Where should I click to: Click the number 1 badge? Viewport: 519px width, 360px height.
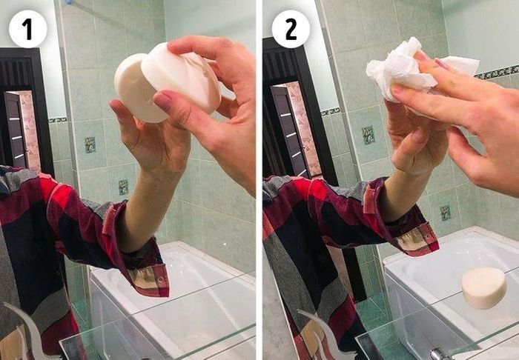(x=28, y=29)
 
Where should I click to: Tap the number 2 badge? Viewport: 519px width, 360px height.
(x=291, y=29)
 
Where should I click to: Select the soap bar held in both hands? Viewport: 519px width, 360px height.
(x=167, y=83)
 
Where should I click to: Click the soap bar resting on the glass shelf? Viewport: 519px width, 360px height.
(x=484, y=287)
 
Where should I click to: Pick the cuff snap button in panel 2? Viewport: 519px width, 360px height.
(x=429, y=237)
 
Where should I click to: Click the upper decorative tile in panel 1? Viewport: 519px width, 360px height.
(x=90, y=144)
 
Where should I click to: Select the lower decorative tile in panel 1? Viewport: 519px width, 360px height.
(x=123, y=187)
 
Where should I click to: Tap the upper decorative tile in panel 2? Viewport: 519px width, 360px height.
(x=368, y=135)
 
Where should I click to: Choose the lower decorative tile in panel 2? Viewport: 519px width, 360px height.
(x=445, y=213)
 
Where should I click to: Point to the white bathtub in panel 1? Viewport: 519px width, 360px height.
(x=172, y=298)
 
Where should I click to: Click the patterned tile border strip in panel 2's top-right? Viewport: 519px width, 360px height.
(x=497, y=72)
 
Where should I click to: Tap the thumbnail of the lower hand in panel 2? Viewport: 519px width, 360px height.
(x=419, y=136)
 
